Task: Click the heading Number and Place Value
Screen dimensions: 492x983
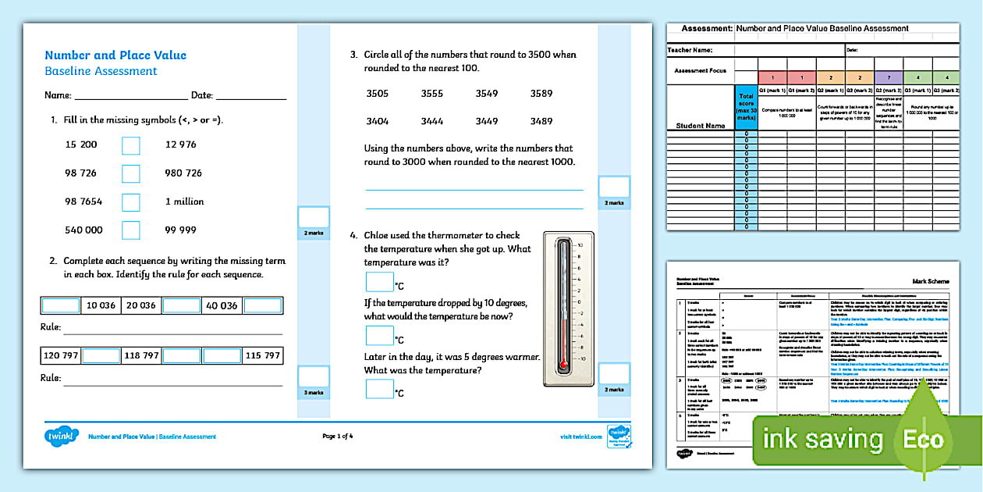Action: pyautogui.click(x=115, y=55)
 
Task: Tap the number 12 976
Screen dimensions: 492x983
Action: pyautogui.click(x=181, y=144)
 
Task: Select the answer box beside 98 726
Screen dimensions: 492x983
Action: pyautogui.click(x=131, y=173)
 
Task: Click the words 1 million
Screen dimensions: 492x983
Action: pyautogui.click(x=184, y=201)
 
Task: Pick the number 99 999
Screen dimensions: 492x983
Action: pyautogui.click(x=181, y=230)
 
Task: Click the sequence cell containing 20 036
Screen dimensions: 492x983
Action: pyautogui.click(x=141, y=305)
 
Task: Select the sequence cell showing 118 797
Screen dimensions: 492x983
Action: pyautogui.click(x=141, y=355)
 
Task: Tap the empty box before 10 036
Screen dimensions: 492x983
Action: pyautogui.click(x=61, y=305)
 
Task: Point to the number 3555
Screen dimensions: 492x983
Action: pyautogui.click(x=431, y=94)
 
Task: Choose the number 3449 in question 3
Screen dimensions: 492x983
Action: pyautogui.click(x=486, y=121)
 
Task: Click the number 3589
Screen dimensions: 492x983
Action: pyautogui.click(x=541, y=94)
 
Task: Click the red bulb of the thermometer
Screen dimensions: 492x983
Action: pyautogui.click(x=562, y=364)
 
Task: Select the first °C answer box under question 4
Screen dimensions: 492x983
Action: pyautogui.click(x=380, y=282)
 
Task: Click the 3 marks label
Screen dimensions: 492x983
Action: pyautogui.click(x=314, y=392)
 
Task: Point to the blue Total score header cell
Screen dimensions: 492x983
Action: pyautogui.click(x=746, y=108)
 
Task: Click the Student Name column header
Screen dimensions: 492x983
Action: pyautogui.click(x=700, y=125)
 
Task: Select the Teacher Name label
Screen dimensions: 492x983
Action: pyautogui.click(x=690, y=50)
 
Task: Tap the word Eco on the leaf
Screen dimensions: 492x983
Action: pyautogui.click(x=924, y=439)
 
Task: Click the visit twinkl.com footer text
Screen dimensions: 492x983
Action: pyautogui.click(x=580, y=437)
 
